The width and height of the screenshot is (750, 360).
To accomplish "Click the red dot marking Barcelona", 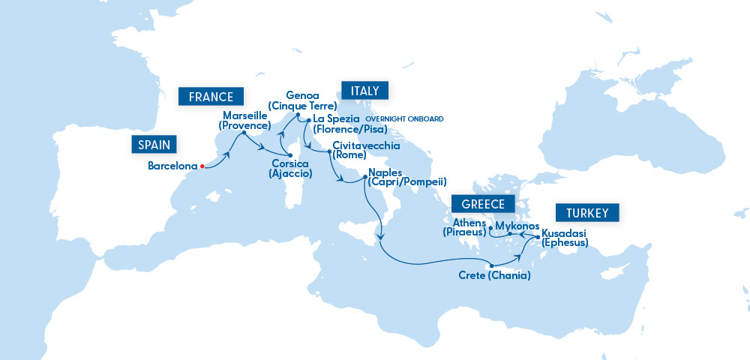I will point(202,166).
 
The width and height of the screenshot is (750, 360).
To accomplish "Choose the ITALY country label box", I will point(364,91).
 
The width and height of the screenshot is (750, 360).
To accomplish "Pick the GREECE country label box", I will point(478,203).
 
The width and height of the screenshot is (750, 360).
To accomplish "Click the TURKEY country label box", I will point(587,212).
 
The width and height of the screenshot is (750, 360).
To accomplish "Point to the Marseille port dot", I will point(244,134).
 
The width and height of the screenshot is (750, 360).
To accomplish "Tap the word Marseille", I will point(246,115).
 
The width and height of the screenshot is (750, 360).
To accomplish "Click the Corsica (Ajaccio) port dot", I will point(290,155).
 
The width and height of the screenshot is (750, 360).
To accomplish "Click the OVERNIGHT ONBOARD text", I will point(404,119).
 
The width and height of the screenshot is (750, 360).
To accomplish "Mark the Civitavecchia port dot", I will point(329,151).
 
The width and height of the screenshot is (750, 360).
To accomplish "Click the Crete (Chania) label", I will point(494,276).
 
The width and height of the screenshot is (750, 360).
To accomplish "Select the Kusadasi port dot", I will point(537,238).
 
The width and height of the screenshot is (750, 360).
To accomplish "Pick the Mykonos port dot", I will point(510,234).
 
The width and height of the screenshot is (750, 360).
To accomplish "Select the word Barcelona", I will point(172,166).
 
